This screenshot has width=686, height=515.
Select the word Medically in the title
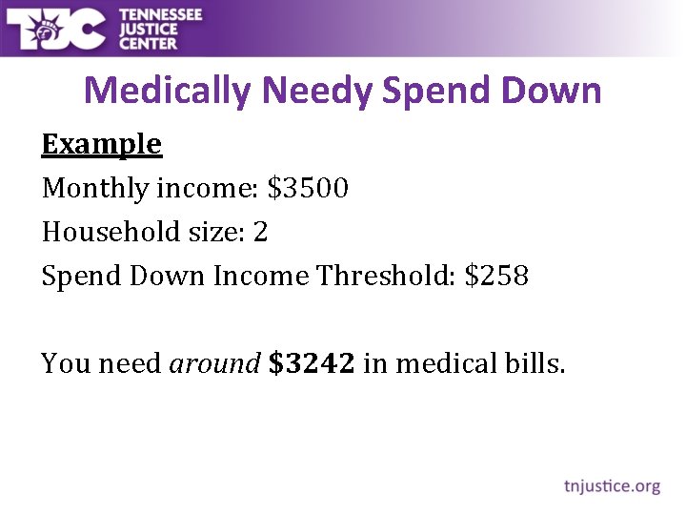[168, 92]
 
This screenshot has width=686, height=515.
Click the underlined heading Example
[102, 145]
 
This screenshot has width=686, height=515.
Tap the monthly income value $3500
[308, 188]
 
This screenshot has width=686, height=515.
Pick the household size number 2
[260, 232]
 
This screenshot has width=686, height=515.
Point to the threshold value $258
[495, 276]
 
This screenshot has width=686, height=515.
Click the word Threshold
[386, 276]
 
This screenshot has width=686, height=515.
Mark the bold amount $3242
[313, 363]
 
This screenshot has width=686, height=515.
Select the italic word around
[214, 364]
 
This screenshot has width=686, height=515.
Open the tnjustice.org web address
[612, 486]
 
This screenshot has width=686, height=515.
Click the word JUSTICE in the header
[151, 28]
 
